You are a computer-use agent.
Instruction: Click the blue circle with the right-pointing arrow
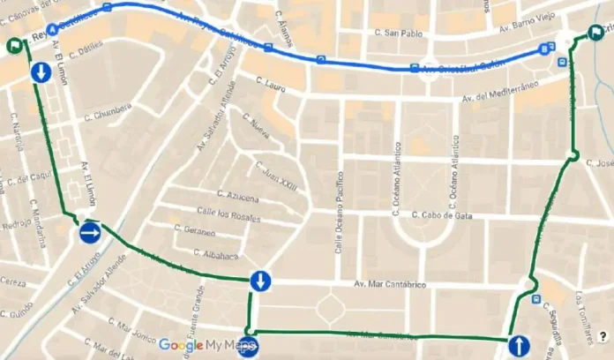click(90, 233)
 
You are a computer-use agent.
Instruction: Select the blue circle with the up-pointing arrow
click(519, 345)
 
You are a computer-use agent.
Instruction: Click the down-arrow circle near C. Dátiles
click(40, 72)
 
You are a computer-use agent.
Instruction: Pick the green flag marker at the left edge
click(15, 47)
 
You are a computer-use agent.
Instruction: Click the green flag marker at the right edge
click(595, 35)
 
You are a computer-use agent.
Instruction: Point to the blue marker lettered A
click(51, 28)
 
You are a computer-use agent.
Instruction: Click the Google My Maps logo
click(207, 344)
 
